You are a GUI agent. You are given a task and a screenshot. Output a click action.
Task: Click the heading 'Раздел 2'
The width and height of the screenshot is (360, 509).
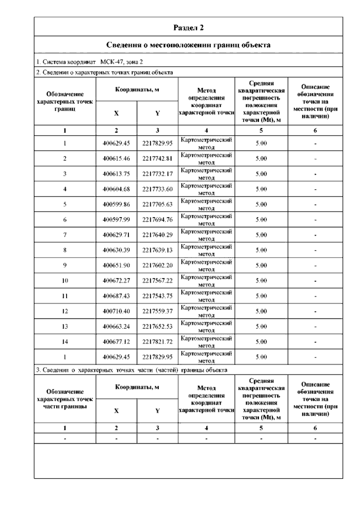coord(188,28)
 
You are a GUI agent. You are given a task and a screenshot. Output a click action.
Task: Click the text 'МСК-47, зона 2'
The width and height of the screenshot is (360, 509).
coord(121,62)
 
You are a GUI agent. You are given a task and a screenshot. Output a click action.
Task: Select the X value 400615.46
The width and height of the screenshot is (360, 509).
coord(116,158)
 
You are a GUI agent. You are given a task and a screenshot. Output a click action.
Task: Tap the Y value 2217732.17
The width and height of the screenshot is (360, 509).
coord(157,174)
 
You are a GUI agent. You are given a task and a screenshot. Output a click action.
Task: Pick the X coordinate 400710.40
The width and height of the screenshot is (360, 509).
coord(116,311)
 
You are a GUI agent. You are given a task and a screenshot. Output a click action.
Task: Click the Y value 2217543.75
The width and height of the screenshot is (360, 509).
coord(157,296)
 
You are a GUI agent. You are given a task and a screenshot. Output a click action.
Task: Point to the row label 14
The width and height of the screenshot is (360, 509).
coord(65,342)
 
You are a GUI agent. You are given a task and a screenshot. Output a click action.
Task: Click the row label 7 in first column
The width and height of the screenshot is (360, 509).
coord(65,235)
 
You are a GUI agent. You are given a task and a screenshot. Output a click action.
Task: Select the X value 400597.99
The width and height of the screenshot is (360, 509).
coord(116,220)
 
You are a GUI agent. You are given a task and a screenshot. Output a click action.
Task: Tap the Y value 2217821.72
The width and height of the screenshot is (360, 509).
coord(157,342)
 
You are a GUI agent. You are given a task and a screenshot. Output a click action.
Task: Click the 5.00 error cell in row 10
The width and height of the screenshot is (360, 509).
coord(261,281)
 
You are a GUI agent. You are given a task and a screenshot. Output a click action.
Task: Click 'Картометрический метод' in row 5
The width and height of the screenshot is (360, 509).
coord(206,204)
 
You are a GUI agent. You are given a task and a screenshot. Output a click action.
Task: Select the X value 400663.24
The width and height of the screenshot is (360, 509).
coord(116,327)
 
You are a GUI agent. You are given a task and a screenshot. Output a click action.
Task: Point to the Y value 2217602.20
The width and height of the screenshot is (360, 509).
coord(157,265)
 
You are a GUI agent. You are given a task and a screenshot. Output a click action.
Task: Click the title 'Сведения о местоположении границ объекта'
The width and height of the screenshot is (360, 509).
coord(188,45)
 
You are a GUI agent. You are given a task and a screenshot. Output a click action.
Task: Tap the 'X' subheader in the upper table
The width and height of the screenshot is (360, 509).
coord(116,113)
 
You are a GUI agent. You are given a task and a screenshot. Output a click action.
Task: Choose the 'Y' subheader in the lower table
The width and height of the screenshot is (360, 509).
coord(157,411)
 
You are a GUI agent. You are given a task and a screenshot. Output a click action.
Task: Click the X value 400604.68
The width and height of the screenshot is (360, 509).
coord(116,189)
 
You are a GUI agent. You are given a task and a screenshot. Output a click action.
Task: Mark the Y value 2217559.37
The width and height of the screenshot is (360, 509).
coord(157,311)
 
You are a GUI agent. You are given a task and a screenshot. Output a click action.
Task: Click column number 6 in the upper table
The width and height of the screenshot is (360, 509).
coord(315,130)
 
